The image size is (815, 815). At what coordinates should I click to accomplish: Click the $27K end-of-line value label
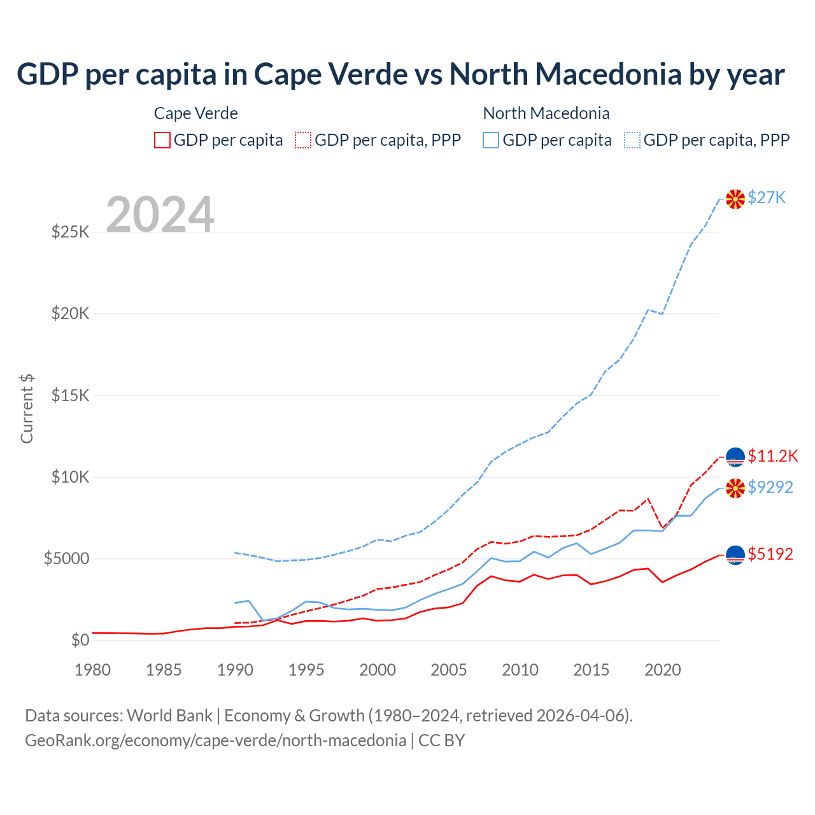767,197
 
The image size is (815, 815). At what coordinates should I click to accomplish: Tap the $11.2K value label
772,456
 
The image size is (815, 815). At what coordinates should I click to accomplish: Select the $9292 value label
770,487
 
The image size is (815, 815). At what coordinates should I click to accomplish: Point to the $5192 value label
770,554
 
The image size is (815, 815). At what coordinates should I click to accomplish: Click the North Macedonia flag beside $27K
735,199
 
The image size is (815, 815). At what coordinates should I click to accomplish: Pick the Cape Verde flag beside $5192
735,555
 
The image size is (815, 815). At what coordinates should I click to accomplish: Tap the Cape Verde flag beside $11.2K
735,457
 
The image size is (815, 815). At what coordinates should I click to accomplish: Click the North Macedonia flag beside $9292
735,488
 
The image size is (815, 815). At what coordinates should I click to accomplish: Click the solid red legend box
162,140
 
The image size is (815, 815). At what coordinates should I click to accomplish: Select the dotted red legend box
303,140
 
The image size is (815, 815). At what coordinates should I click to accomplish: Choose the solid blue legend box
491,140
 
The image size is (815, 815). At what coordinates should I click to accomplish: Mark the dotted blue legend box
632,140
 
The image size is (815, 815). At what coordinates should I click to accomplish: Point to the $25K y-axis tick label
71,232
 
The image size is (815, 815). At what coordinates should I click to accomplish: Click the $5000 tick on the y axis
66,559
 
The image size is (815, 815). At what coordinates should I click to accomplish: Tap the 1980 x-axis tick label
93,670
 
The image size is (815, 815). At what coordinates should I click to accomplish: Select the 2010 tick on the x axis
520,670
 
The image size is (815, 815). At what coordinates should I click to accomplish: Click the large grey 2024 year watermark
160,215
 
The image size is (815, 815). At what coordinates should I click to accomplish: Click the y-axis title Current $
27,409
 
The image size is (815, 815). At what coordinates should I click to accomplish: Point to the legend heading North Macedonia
546,113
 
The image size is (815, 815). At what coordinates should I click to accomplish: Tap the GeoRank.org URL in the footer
216,741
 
